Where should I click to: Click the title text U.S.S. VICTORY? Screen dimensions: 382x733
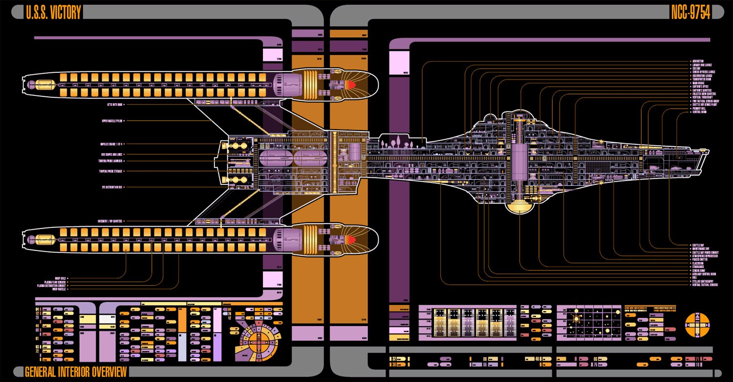53,13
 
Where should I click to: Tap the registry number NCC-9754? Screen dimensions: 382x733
690,13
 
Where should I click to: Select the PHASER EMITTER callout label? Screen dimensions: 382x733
700,259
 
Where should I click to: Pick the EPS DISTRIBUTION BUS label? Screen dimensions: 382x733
112,187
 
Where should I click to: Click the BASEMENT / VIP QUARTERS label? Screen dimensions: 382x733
111,221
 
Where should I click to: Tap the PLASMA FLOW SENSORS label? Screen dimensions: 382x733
55,282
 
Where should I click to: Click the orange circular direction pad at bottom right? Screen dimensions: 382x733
697,324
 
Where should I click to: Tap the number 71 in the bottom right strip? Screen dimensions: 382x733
697,359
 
